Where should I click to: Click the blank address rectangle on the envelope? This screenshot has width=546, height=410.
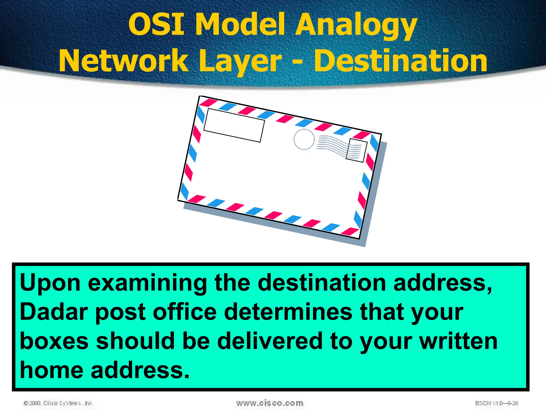(234, 125)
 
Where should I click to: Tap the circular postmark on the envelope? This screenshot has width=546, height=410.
(304, 139)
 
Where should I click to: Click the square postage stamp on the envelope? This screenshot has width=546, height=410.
(356, 150)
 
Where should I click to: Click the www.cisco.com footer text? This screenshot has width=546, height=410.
(270, 403)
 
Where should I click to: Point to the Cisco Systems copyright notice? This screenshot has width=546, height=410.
(59, 403)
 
